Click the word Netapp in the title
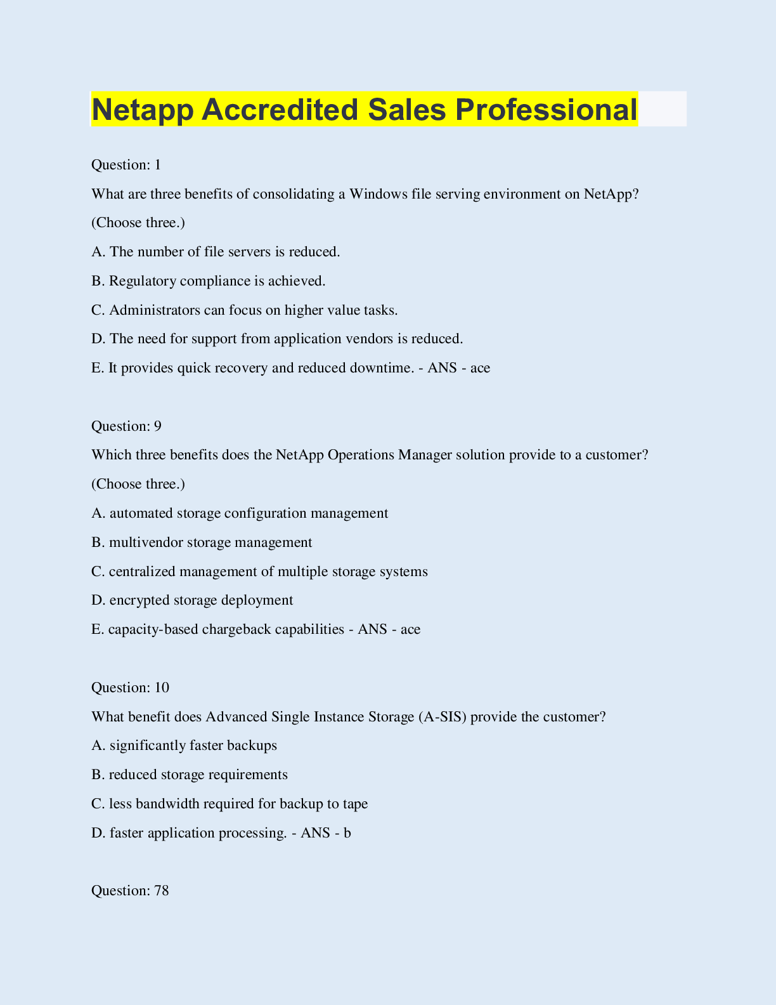pyautogui.click(x=143, y=110)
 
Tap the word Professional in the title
pyautogui.click(x=545, y=110)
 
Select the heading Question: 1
pyautogui.click(x=126, y=165)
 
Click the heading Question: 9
pyautogui.click(x=126, y=426)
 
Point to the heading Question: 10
pyautogui.click(x=130, y=688)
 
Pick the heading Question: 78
pyautogui.click(x=130, y=891)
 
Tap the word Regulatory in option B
pyautogui.click(x=142, y=281)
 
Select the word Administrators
pyautogui.click(x=154, y=310)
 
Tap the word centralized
pyautogui.click(x=143, y=572)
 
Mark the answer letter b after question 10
pyautogui.click(x=347, y=833)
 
